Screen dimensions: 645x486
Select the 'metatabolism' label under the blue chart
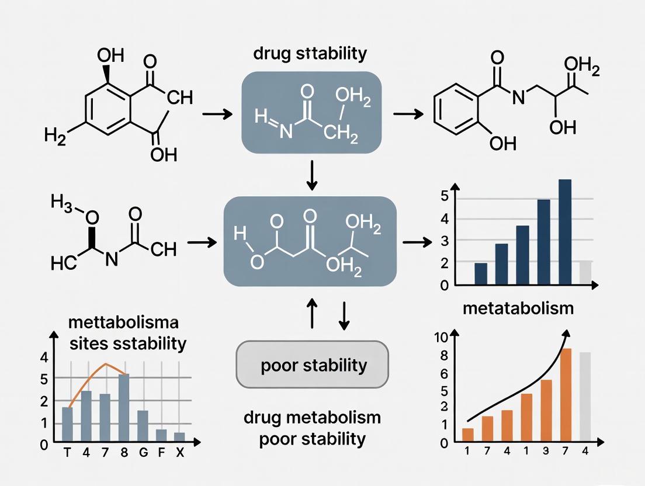pyautogui.click(x=518, y=308)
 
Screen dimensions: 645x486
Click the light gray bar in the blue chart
pyautogui.click(x=585, y=273)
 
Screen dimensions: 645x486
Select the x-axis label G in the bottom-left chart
pyautogui.click(x=142, y=454)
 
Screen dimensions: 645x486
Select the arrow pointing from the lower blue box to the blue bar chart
pyautogui.click(x=414, y=241)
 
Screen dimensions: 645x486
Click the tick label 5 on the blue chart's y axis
pyautogui.click(x=444, y=195)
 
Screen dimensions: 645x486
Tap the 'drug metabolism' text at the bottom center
pyautogui.click(x=311, y=418)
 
